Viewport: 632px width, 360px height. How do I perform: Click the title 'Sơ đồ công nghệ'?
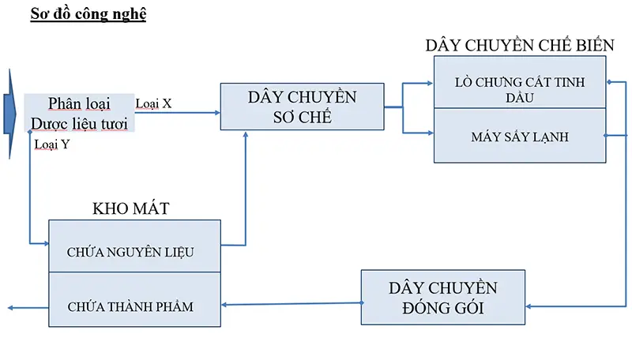click(x=88, y=14)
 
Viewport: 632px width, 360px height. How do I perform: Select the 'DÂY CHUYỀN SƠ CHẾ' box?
click(x=302, y=107)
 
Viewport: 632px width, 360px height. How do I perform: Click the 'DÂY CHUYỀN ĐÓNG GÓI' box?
click(x=442, y=297)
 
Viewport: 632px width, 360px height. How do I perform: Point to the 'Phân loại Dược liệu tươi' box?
click(x=79, y=113)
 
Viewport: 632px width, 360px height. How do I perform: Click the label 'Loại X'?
click(x=154, y=103)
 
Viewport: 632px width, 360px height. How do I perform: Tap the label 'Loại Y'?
click(x=53, y=144)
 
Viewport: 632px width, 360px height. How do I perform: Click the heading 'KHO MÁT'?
click(x=131, y=208)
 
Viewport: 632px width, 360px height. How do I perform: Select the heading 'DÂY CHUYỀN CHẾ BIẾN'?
click(x=519, y=45)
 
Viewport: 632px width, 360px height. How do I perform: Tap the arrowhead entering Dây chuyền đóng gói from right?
click(x=529, y=306)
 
